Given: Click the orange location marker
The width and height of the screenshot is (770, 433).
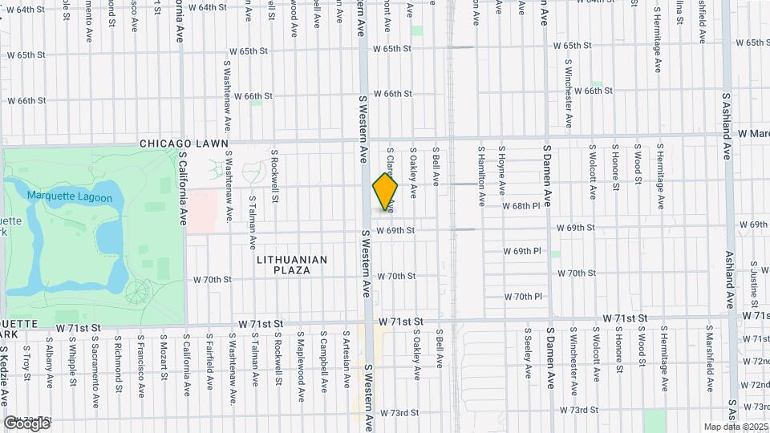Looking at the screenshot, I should [385, 192].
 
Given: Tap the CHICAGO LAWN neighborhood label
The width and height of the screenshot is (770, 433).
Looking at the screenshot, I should [184, 144].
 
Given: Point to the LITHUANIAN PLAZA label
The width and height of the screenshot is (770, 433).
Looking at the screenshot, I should [292, 265].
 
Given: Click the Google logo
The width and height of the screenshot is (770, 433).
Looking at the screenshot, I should [26, 423].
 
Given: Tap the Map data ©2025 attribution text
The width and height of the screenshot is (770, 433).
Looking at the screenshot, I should [736, 427].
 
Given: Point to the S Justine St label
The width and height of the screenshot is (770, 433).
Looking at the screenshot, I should [755, 285].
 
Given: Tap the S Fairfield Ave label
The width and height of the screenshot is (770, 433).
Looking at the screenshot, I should [209, 356].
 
